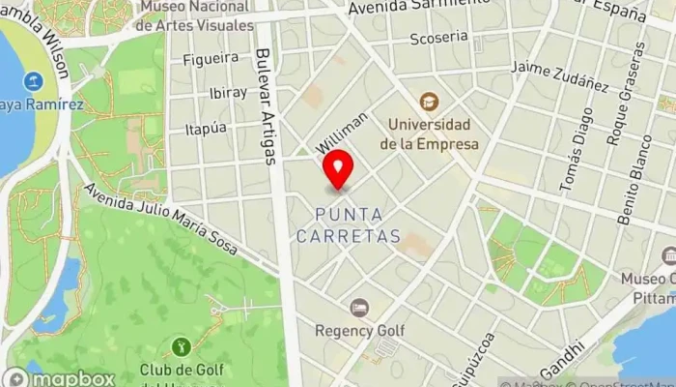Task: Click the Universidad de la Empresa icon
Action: tap(428, 102)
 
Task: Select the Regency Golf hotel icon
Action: tap(359, 308)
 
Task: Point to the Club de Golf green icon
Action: tap(180, 345)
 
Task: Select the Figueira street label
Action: tap(210, 58)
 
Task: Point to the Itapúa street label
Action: tap(205, 128)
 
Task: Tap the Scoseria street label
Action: tap(438, 39)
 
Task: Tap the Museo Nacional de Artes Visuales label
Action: tap(194, 16)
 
